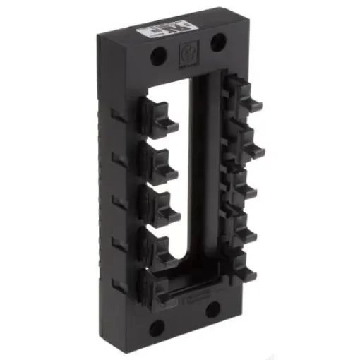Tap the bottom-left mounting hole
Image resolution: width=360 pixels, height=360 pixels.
click(157, 326)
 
